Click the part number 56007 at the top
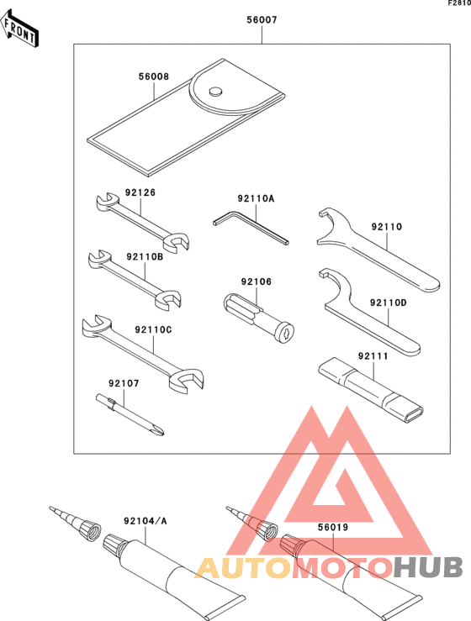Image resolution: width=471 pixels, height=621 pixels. (x=262, y=18)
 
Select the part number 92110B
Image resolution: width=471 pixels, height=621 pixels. (x=145, y=256)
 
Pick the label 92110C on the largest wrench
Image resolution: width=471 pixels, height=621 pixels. (x=153, y=329)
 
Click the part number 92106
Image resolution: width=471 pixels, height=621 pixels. (x=257, y=282)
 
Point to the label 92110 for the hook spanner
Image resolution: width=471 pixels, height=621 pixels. (x=386, y=226)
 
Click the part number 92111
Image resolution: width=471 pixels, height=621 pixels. (x=373, y=356)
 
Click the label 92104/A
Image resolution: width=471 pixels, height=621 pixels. (x=145, y=521)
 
